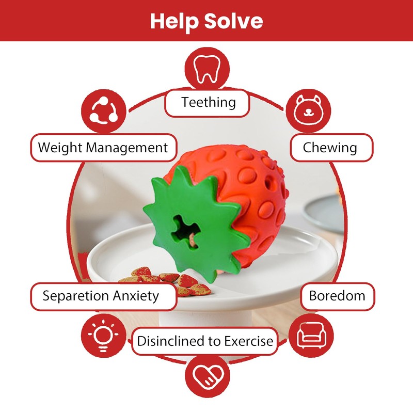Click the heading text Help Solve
click(206, 21)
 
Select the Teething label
click(208, 102)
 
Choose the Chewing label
click(330, 148)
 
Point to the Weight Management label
click(103, 148)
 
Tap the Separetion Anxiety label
click(101, 296)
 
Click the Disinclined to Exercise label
click(204, 341)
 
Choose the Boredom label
click(337, 296)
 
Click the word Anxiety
click(134, 296)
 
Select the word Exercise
click(247, 341)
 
